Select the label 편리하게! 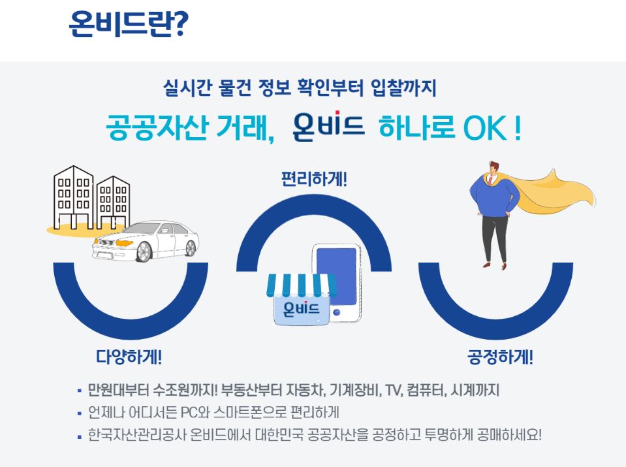[x=313, y=178]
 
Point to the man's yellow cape [x=555, y=196]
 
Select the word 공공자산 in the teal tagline [x=157, y=127]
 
